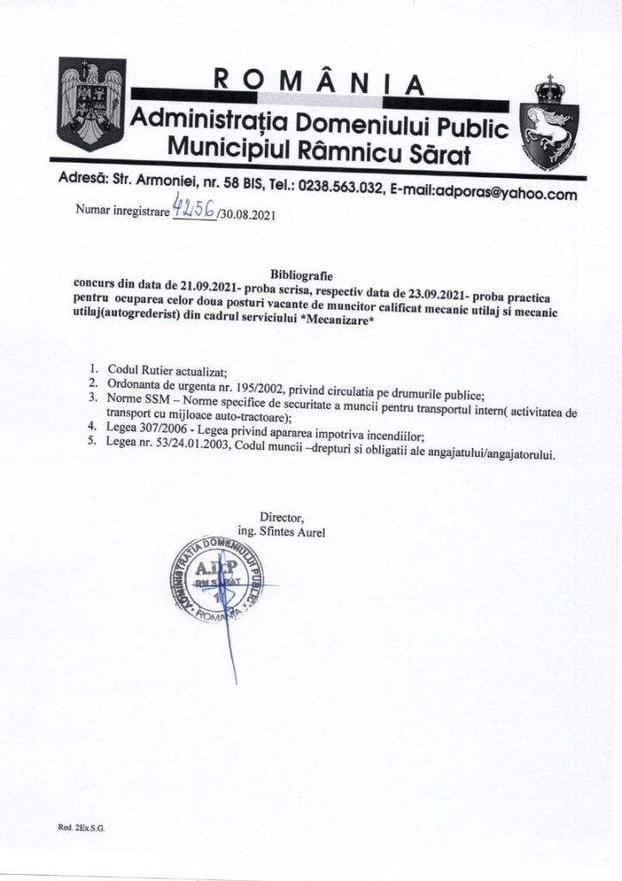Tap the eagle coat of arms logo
pyautogui.click(x=89, y=105)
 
